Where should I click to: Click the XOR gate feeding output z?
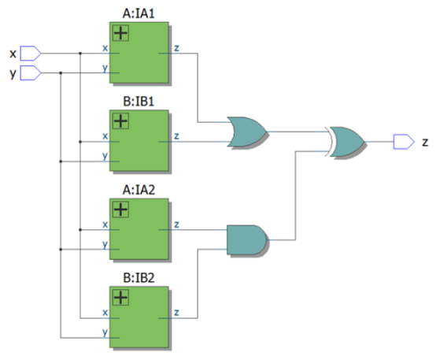[346, 142]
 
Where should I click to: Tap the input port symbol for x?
[29, 54]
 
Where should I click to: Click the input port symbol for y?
[29, 74]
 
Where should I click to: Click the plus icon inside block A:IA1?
[120, 34]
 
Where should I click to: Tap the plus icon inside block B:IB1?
[120, 121]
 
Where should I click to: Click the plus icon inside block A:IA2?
[120, 210]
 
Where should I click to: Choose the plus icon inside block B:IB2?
[120, 298]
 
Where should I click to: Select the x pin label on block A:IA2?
[105, 225]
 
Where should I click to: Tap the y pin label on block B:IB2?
[105, 332]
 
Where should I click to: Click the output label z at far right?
[425, 142]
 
